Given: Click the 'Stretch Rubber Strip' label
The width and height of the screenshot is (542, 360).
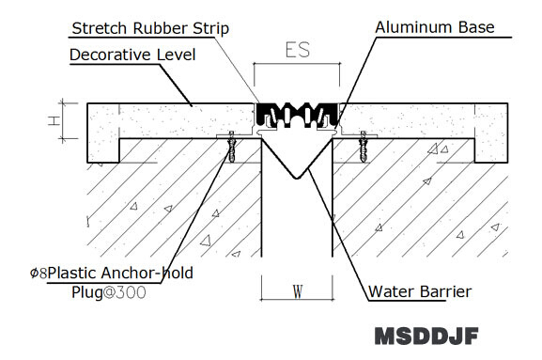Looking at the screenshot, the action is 150,28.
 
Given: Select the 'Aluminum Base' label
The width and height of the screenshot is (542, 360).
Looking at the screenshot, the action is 435,27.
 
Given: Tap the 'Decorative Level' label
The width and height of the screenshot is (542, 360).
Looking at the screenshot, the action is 132,55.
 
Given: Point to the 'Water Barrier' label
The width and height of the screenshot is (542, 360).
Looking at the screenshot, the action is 420,291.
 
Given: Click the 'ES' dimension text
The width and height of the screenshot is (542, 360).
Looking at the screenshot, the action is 298,50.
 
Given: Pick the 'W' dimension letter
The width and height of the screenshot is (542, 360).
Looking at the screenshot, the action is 298,291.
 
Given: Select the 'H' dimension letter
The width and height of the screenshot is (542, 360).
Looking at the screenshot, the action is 54,120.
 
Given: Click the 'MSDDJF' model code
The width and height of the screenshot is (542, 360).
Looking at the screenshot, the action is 426,336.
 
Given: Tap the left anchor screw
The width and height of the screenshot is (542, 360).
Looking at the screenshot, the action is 232,147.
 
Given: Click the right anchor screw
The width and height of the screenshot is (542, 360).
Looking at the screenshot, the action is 363,147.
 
